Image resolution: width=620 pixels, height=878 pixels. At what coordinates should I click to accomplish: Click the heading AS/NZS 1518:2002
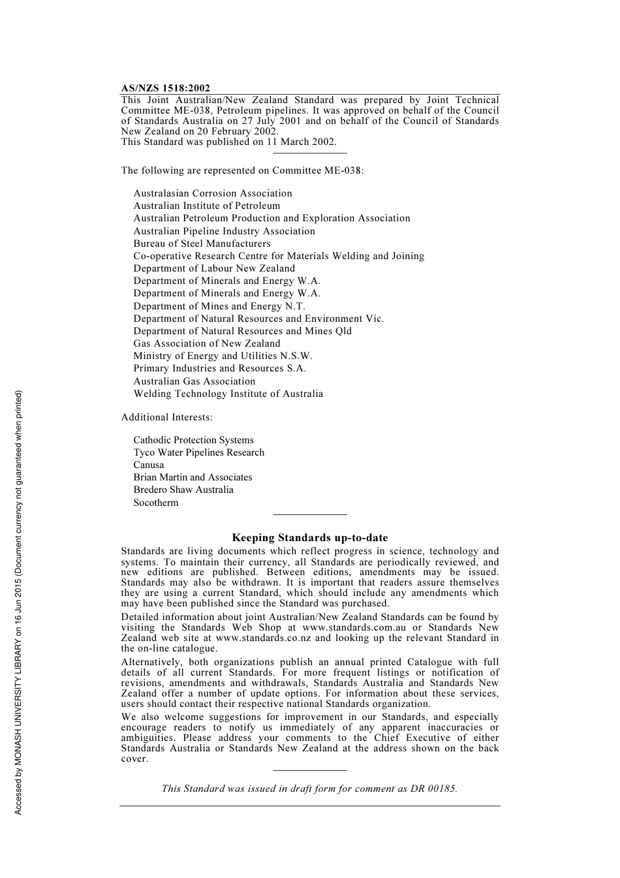coord(165,88)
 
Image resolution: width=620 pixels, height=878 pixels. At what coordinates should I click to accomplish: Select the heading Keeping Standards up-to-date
coord(309,538)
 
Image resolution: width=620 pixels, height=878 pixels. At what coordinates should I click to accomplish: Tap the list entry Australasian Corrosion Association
coord(213,193)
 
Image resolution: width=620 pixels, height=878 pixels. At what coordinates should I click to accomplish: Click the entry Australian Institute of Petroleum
coord(206,206)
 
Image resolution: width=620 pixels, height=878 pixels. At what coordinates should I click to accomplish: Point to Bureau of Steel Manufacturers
coord(202,243)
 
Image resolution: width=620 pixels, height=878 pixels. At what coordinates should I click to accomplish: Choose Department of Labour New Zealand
coord(214,268)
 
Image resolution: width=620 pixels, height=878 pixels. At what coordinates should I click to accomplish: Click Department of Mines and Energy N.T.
coord(219,306)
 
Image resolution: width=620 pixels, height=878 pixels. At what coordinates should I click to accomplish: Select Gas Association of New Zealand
coord(207,343)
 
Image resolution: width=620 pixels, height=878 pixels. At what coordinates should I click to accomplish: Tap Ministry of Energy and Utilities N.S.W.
coord(223,356)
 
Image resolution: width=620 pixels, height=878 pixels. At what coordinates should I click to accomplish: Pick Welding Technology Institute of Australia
coord(228,394)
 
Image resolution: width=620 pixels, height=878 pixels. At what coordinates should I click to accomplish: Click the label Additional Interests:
coord(166,417)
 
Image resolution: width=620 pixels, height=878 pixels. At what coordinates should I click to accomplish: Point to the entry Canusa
coord(149,465)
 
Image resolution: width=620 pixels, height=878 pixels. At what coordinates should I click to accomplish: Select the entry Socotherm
coord(155,503)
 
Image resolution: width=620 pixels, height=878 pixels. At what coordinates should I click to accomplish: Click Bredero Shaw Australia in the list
coord(183,490)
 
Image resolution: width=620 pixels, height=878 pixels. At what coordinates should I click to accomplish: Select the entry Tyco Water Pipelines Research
coord(198,452)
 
